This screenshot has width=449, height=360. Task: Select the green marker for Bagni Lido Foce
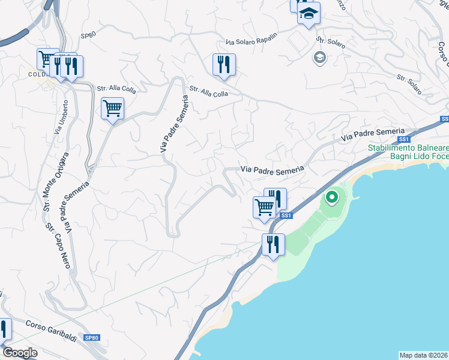pyautogui.click(x=331, y=196)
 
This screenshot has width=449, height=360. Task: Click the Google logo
pyautogui.click(x=19, y=353)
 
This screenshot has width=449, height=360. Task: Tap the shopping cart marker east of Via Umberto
pyautogui.click(x=112, y=109)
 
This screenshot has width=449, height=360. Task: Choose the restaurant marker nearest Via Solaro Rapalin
pyautogui.click(x=224, y=65)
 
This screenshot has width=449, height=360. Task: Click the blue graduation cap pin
pyautogui.click(x=309, y=14)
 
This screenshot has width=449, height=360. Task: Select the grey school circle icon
pyautogui.click(x=319, y=58)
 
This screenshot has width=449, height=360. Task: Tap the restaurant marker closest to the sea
pyautogui.click(x=273, y=244)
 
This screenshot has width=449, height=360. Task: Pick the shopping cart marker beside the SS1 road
pyautogui.click(x=264, y=208)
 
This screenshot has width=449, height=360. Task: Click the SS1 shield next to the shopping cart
pyautogui.click(x=286, y=215)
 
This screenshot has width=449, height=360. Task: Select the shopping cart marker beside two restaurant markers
pyautogui.click(x=48, y=59)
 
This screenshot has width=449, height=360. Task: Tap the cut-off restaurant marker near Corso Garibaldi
pyautogui.click(x=4, y=329)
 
